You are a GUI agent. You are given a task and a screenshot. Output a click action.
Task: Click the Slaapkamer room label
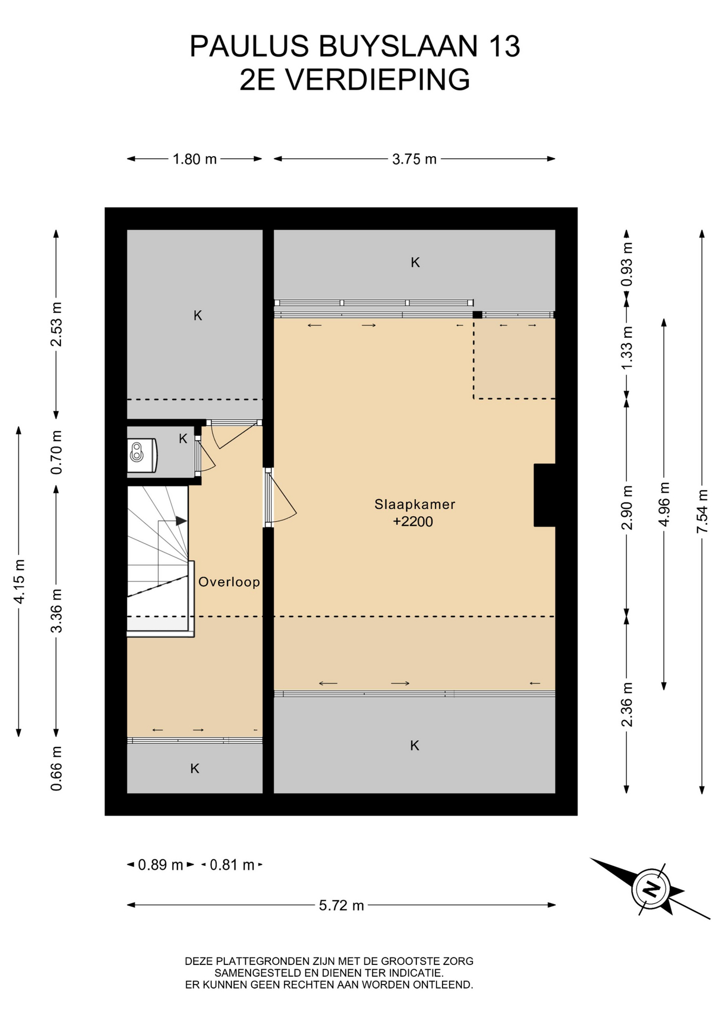click(x=415, y=504)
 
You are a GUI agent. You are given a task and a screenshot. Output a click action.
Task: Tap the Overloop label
click(x=229, y=582)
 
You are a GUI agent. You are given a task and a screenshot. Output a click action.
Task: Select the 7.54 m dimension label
click(x=702, y=511)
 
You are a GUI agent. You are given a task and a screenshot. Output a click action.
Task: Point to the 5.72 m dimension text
click(x=341, y=905)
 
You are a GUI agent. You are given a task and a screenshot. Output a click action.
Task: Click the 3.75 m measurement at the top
click(x=414, y=159)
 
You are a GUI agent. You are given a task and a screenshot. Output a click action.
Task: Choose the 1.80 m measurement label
click(x=195, y=159)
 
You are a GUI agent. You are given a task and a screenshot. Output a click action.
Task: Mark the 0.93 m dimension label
click(x=627, y=264)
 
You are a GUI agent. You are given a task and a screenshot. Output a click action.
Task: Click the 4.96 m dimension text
click(x=664, y=504)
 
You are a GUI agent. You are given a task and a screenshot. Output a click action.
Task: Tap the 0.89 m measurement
click(x=160, y=865)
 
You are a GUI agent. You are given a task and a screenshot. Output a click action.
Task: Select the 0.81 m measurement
click(x=232, y=865)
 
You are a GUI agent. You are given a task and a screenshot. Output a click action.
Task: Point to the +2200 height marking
click(x=413, y=522)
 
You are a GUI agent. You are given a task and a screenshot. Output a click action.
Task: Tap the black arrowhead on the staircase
click(x=182, y=521)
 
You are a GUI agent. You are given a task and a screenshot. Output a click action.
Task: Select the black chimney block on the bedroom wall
click(x=545, y=495)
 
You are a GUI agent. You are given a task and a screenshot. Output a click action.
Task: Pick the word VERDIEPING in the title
click(x=377, y=80)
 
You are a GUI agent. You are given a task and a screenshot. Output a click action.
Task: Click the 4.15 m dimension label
click(x=19, y=582)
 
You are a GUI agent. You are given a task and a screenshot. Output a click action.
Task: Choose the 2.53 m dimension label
click(x=57, y=324)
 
